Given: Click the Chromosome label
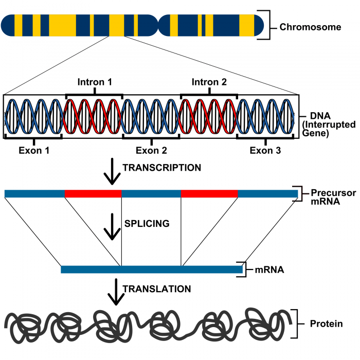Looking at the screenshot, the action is tap(310, 27).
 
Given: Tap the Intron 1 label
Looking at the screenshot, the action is tap(95, 82).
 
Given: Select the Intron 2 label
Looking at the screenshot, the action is tap(209, 82).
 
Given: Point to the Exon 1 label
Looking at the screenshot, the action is tap(34, 150).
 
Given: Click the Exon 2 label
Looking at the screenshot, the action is tap(151, 150).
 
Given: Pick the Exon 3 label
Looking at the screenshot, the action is tap(265, 150).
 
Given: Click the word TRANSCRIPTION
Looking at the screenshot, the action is tap(162, 168).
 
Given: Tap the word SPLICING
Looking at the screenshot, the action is tap(147, 223).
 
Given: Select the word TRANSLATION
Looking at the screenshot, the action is tap(157, 289).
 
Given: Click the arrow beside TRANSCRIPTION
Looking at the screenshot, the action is tap(112, 171).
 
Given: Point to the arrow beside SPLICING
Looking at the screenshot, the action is tap(112, 227).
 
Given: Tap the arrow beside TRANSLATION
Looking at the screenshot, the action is tap(116, 292).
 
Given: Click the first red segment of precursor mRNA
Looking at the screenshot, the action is tap(93, 193).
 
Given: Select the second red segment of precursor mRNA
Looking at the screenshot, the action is tap(209, 193).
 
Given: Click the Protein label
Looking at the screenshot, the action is tap(326, 323).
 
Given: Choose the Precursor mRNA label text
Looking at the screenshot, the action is tap(333, 197).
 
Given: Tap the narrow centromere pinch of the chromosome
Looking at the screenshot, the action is tap(158, 25).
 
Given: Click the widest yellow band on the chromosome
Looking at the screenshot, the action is tap(62, 25).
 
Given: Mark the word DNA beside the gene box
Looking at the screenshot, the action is tap(320, 116).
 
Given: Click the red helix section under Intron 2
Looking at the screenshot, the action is tap(208, 116).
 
